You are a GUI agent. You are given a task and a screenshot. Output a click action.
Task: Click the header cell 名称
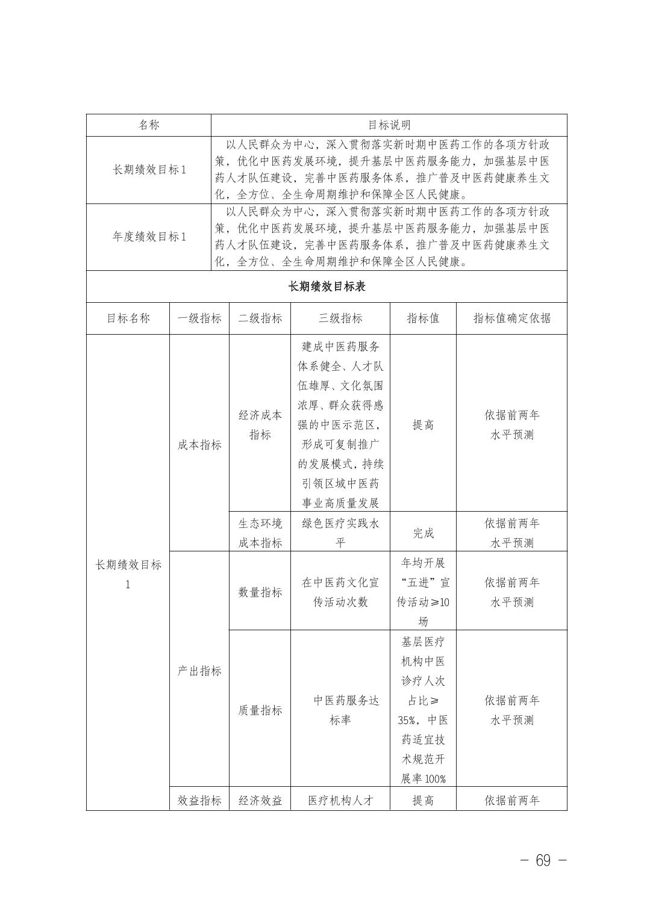click(x=149, y=125)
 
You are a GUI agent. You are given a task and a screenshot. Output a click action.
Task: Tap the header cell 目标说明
click(x=389, y=125)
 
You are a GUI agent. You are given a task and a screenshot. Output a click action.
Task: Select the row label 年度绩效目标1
click(x=149, y=237)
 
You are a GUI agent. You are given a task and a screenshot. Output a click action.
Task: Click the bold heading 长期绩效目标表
click(x=327, y=287)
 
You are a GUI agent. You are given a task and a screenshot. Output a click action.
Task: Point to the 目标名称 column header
click(x=128, y=318)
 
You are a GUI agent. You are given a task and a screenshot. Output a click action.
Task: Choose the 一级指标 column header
click(x=199, y=318)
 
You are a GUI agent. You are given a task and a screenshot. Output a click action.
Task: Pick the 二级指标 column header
click(x=260, y=318)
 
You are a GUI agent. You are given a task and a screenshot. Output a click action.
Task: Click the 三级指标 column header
click(x=340, y=318)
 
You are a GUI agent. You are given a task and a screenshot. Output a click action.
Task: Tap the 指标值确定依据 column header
click(x=511, y=318)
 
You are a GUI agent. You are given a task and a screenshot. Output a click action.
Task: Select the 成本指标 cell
click(x=199, y=445)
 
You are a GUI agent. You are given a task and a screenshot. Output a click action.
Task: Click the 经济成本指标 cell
click(x=260, y=425)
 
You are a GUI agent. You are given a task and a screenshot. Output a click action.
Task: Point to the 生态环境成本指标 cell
click(x=260, y=533)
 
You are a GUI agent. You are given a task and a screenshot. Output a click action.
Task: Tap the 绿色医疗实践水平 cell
click(x=340, y=533)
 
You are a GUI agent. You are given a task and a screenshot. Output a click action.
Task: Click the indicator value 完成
click(x=423, y=533)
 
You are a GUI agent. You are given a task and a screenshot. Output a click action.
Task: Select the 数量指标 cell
click(x=260, y=592)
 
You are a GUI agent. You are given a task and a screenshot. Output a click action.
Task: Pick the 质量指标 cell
click(x=260, y=710)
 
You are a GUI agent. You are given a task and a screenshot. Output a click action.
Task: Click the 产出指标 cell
click(x=199, y=671)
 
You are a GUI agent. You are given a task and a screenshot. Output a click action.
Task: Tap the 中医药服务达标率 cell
click(x=340, y=710)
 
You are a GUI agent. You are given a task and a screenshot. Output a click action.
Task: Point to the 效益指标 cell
click(x=199, y=800)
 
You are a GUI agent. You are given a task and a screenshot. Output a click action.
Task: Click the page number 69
click(x=543, y=861)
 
